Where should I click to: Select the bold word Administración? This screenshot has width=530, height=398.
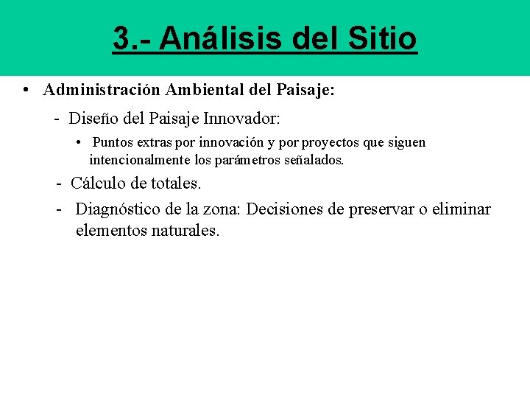click(102, 91)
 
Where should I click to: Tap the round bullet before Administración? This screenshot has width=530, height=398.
click(26, 91)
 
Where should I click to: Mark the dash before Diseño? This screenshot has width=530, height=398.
click(57, 118)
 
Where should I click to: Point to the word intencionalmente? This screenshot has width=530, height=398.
click(141, 159)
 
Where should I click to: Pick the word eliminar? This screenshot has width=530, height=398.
click(462, 209)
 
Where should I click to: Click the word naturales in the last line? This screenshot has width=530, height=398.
click(185, 231)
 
